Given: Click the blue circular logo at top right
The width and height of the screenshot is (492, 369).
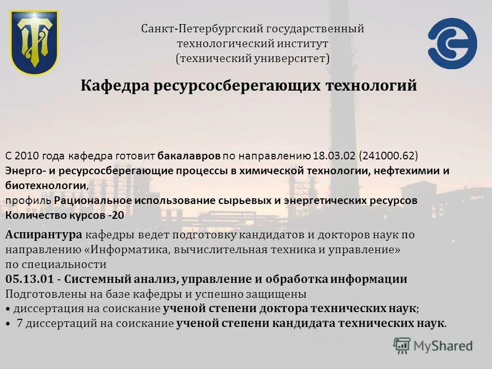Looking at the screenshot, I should coord(453,43).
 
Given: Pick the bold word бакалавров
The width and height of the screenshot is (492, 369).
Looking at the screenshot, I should coord(189,156).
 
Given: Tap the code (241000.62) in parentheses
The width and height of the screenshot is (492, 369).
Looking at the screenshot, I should coord(388,156).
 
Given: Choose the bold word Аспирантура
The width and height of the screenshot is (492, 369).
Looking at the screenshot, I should coord(44,235).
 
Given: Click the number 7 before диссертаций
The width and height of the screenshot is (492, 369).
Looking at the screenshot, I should coord(19,324).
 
